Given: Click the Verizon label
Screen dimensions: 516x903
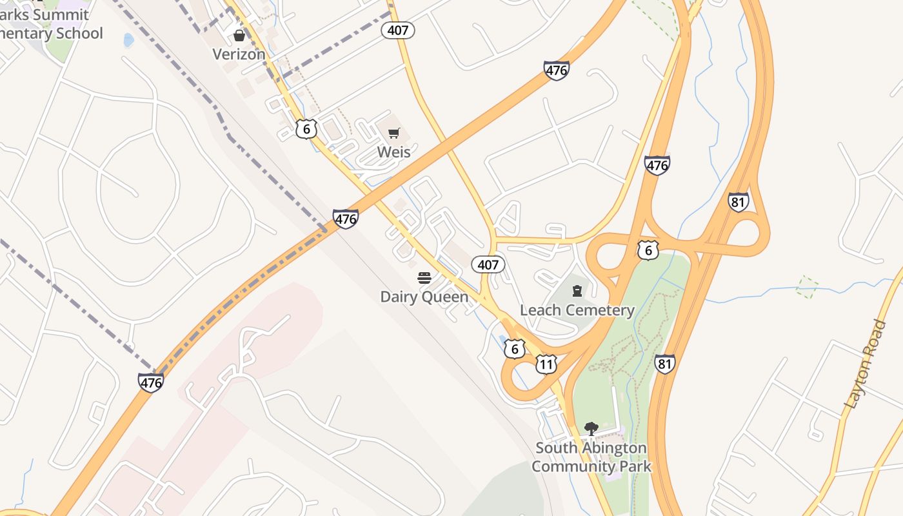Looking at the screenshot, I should [x=239, y=54].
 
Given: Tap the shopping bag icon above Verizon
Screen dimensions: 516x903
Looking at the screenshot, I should [x=239, y=35].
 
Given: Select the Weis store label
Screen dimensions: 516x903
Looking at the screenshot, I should [x=393, y=152].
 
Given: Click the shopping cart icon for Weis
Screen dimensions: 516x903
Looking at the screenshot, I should [x=393, y=134].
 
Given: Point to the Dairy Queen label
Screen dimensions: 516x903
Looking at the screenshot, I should [x=424, y=297].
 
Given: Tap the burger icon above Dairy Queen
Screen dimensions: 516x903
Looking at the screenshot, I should [x=424, y=278].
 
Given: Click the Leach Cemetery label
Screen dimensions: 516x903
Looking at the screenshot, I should [x=577, y=310].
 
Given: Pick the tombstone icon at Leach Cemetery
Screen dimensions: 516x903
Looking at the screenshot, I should [x=577, y=292].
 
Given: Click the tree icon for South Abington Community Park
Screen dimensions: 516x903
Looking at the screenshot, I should [x=591, y=428].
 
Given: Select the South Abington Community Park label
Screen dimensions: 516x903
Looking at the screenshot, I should [x=591, y=457].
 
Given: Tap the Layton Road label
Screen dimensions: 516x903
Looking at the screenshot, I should [x=865, y=364].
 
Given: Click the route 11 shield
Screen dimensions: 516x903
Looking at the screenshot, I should [x=546, y=365].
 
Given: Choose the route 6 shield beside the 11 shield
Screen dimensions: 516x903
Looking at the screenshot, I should [x=513, y=350].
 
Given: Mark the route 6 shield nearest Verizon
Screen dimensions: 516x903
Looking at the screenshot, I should [x=306, y=129].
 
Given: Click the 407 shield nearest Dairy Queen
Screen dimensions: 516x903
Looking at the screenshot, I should [x=488, y=264].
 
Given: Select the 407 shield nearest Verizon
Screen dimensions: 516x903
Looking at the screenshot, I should [x=397, y=30].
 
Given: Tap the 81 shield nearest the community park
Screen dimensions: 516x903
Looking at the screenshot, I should [x=665, y=364].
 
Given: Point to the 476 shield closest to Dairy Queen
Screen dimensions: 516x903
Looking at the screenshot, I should [x=346, y=219].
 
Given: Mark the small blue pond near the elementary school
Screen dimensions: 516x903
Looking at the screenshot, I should [x=128, y=40].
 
